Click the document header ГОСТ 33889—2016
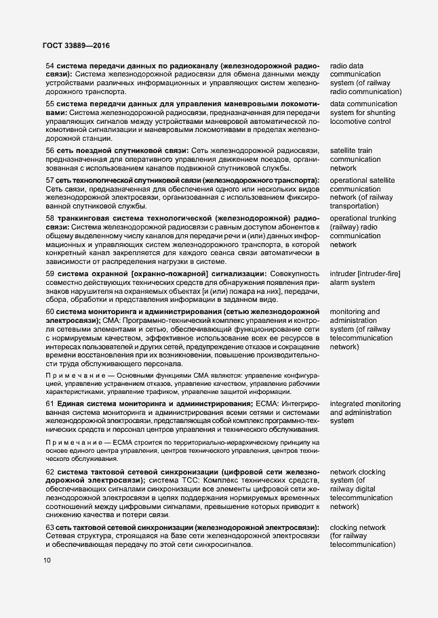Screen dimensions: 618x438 73,45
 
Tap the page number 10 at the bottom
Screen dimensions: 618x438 47,560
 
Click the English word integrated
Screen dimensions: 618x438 349,403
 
